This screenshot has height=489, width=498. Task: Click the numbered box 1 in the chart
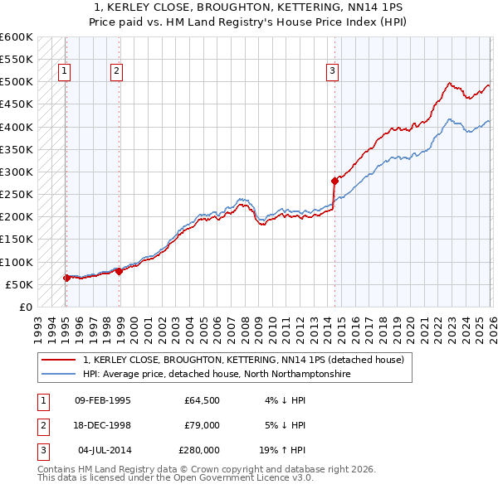(x=65, y=72)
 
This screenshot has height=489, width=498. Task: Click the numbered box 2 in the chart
(x=117, y=72)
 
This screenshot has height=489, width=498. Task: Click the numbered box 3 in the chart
(x=332, y=72)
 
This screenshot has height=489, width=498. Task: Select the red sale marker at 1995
(x=66, y=278)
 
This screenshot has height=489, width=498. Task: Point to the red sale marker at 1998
(x=120, y=271)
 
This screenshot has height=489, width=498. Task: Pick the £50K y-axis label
(x=19, y=285)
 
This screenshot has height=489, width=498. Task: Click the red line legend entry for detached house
(x=243, y=360)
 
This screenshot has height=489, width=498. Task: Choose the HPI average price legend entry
(x=217, y=375)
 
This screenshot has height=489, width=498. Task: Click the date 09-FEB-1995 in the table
(x=103, y=400)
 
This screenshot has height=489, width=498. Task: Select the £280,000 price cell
(x=199, y=450)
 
